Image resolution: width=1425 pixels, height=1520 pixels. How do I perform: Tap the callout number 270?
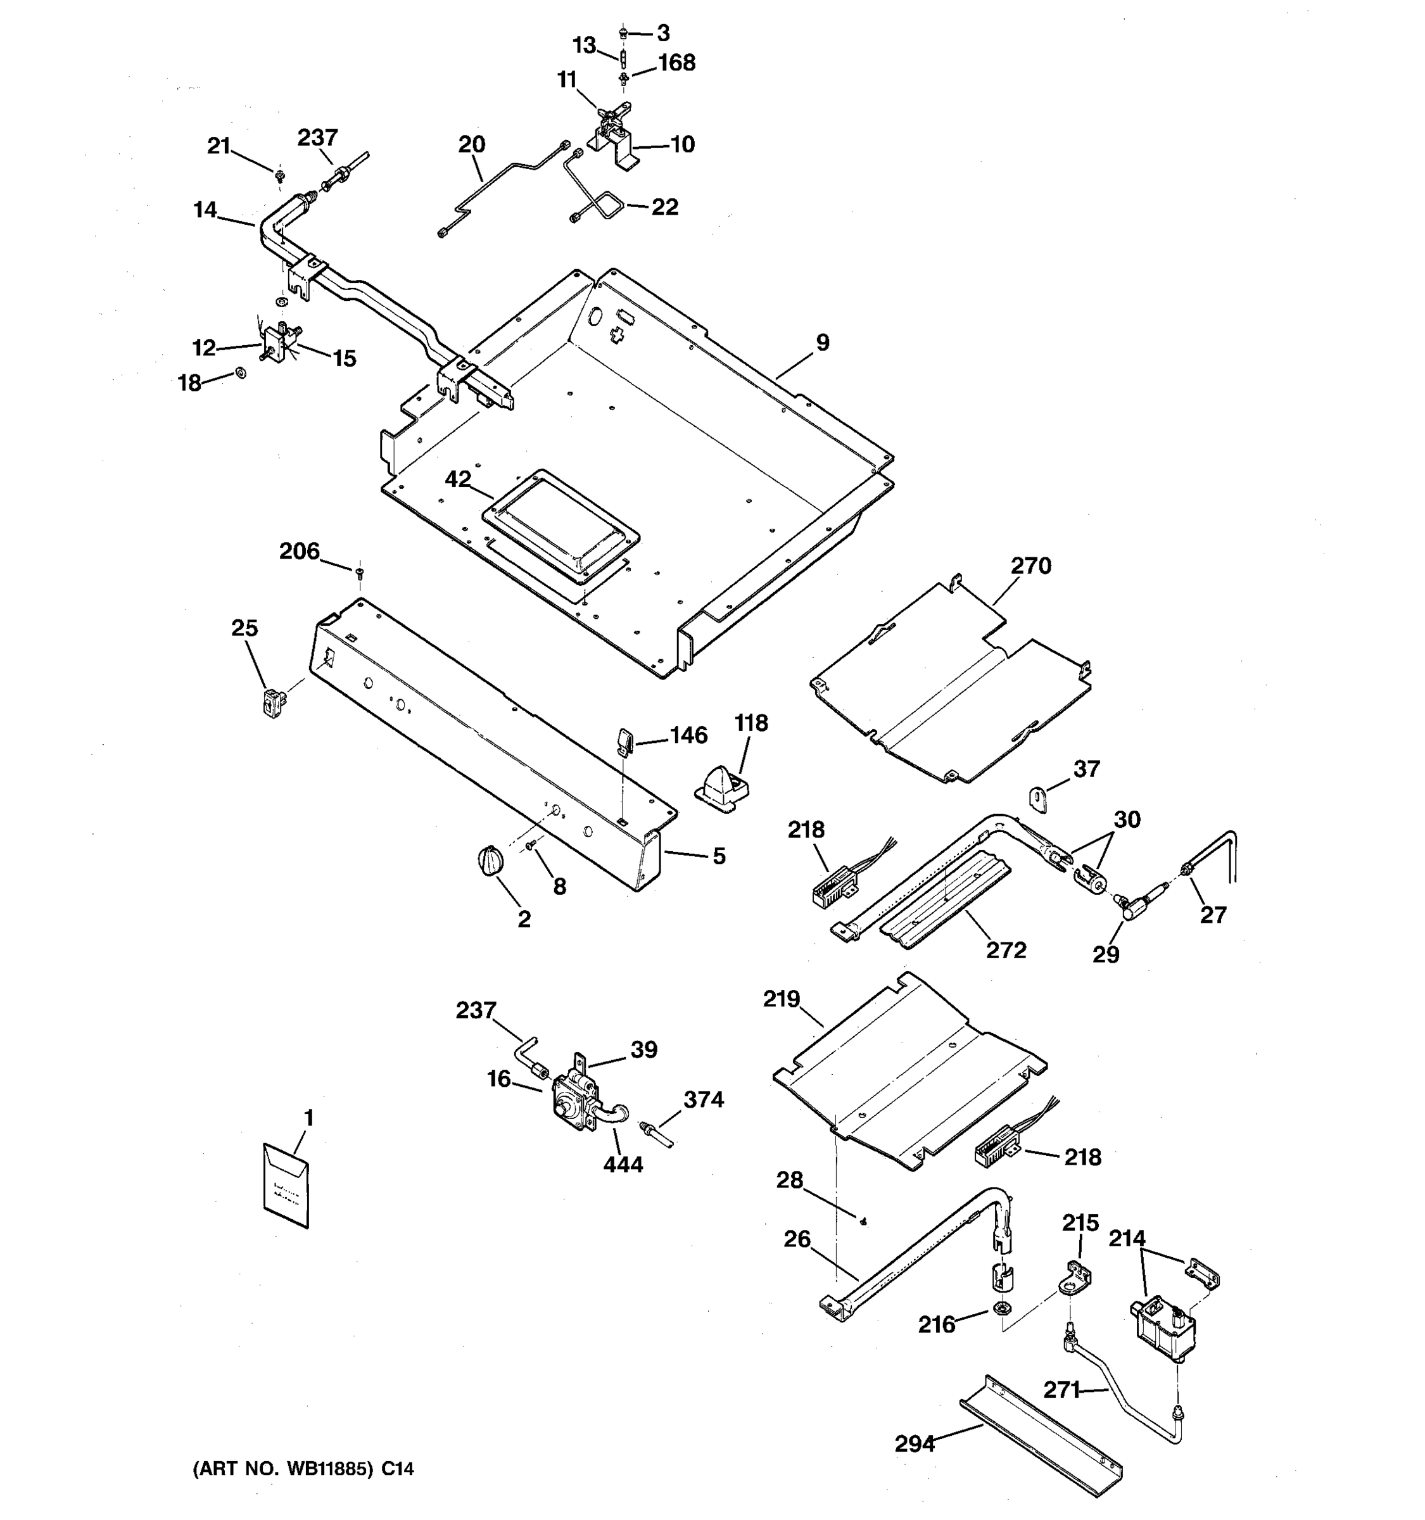click(x=1030, y=566)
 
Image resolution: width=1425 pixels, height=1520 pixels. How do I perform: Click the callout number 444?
click(x=623, y=1165)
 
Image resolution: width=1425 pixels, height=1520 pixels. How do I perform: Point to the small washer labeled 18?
click(x=241, y=372)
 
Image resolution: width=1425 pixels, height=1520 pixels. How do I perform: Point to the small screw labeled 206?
click(x=359, y=571)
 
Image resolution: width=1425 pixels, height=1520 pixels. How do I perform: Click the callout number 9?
click(x=822, y=343)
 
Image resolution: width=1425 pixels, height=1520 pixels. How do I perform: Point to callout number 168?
click(x=676, y=63)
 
